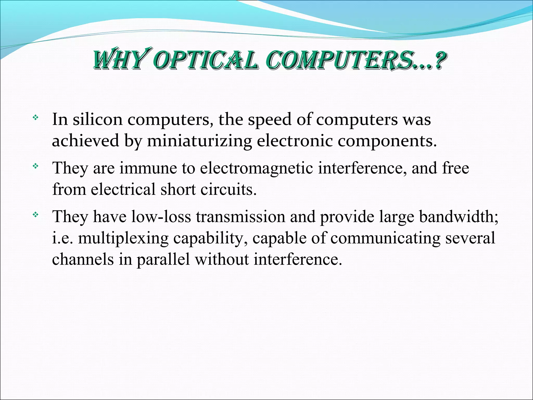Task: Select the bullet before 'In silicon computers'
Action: click(x=35, y=118)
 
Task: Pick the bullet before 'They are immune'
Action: click(x=35, y=166)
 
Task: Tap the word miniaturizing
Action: click(x=199, y=141)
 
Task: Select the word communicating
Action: click(x=385, y=238)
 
